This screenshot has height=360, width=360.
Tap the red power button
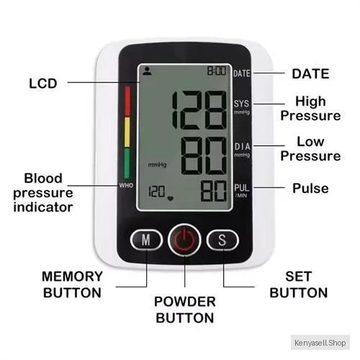point(184,240)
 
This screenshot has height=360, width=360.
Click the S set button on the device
point(222,240)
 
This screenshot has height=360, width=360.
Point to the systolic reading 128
point(199,110)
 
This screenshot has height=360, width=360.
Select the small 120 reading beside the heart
point(157,192)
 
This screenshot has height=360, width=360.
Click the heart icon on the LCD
point(171,198)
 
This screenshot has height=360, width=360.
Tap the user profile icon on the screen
point(147,71)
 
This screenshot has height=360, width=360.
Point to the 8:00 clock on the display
point(217,71)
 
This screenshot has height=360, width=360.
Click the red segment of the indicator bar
point(127,101)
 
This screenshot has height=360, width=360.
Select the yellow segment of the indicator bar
point(127,132)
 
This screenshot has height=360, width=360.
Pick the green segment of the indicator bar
point(127,163)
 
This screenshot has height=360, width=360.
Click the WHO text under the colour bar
point(126,185)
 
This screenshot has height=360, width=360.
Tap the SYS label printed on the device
point(241,104)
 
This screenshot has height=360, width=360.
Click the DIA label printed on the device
point(242,146)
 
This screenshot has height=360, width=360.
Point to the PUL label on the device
point(242,188)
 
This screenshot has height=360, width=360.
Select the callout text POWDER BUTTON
point(185,310)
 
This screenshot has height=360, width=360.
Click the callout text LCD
point(43,84)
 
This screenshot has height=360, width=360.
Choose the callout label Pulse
point(310,188)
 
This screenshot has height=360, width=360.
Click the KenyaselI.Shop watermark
point(320,343)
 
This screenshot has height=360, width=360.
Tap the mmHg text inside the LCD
point(157,165)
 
